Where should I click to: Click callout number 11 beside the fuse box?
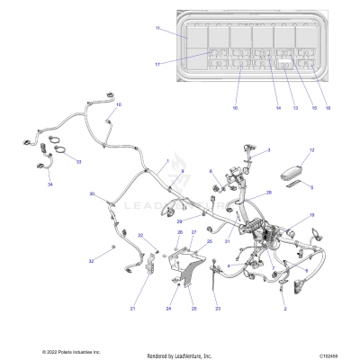pos(157,29)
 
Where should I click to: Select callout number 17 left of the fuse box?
pos(157,64)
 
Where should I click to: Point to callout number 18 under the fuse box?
pos(328,107)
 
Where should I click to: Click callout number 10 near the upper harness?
pos(119,105)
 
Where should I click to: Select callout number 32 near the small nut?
pos(90,260)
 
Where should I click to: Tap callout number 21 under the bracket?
pos(131,309)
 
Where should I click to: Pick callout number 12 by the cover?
pos(311,150)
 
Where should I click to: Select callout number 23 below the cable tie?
pos(217,309)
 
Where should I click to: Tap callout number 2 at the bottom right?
pos(285,309)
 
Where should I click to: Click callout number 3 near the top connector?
pos(268,150)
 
